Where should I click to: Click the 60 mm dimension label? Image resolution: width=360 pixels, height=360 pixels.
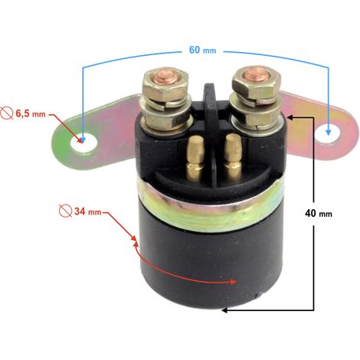click(202, 50)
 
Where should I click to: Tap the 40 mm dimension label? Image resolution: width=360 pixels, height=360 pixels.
click(319, 213)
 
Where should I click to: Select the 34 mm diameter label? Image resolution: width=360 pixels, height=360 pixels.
click(88, 211)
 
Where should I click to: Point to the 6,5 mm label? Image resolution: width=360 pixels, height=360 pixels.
click(31, 113)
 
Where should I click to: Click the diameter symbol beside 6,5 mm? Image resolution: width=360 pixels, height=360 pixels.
click(7, 113)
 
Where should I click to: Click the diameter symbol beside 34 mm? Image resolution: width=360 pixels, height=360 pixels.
click(65, 211)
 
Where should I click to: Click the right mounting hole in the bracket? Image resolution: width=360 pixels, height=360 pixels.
click(327, 134)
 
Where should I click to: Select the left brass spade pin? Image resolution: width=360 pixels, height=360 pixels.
click(195, 157)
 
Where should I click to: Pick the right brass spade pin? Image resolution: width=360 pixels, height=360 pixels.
click(233, 157)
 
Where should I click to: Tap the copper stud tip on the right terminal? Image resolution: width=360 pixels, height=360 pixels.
click(254, 74)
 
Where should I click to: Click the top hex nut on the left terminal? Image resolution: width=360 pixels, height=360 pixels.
click(166, 83)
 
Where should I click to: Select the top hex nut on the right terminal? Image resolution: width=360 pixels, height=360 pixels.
click(256, 82)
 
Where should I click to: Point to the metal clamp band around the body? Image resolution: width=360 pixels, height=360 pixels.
click(210, 205)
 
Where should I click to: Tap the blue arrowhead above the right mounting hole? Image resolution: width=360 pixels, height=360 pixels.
click(329, 132)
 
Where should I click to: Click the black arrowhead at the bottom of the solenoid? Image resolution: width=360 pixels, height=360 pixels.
click(224, 310)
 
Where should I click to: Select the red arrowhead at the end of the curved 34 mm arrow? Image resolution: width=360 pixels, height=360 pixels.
click(233, 282)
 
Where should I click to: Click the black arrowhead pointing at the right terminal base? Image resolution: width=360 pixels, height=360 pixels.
click(290, 117)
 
